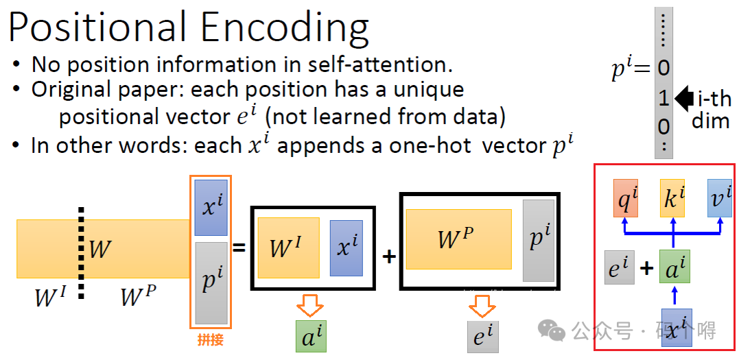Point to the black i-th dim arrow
pyautogui.click(x=683, y=99)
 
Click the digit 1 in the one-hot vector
pyautogui.click(x=664, y=99)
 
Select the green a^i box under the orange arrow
pyautogui.click(x=312, y=336)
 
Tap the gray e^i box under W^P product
pyautogui.click(x=483, y=337)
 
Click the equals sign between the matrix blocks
pyautogui.click(x=239, y=248)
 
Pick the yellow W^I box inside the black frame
pyautogui.click(x=288, y=248)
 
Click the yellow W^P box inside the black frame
pyautogui.click(x=458, y=239)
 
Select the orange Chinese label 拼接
pyautogui.click(x=210, y=339)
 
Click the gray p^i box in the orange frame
pyautogui.click(x=211, y=282)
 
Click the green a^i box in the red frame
pyautogui.click(x=674, y=267)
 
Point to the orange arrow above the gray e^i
pyautogui.click(x=483, y=304)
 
